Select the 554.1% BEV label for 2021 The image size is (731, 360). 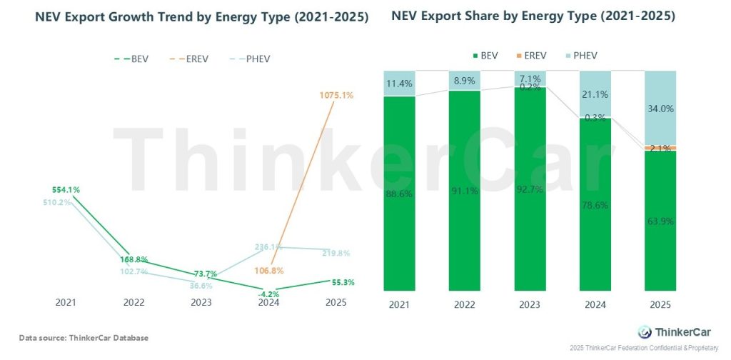pyautogui.click(x=66, y=190)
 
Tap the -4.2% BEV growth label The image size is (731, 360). pyautogui.click(x=268, y=292)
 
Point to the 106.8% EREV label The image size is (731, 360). pyautogui.click(x=270, y=271)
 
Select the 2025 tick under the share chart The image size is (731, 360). pyautogui.click(x=660, y=306)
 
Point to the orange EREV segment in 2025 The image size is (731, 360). pyautogui.click(x=660, y=148)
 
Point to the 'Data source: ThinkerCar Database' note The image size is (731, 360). pyautogui.click(x=84, y=336)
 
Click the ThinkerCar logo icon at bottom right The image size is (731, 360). pyautogui.click(x=644, y=331)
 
